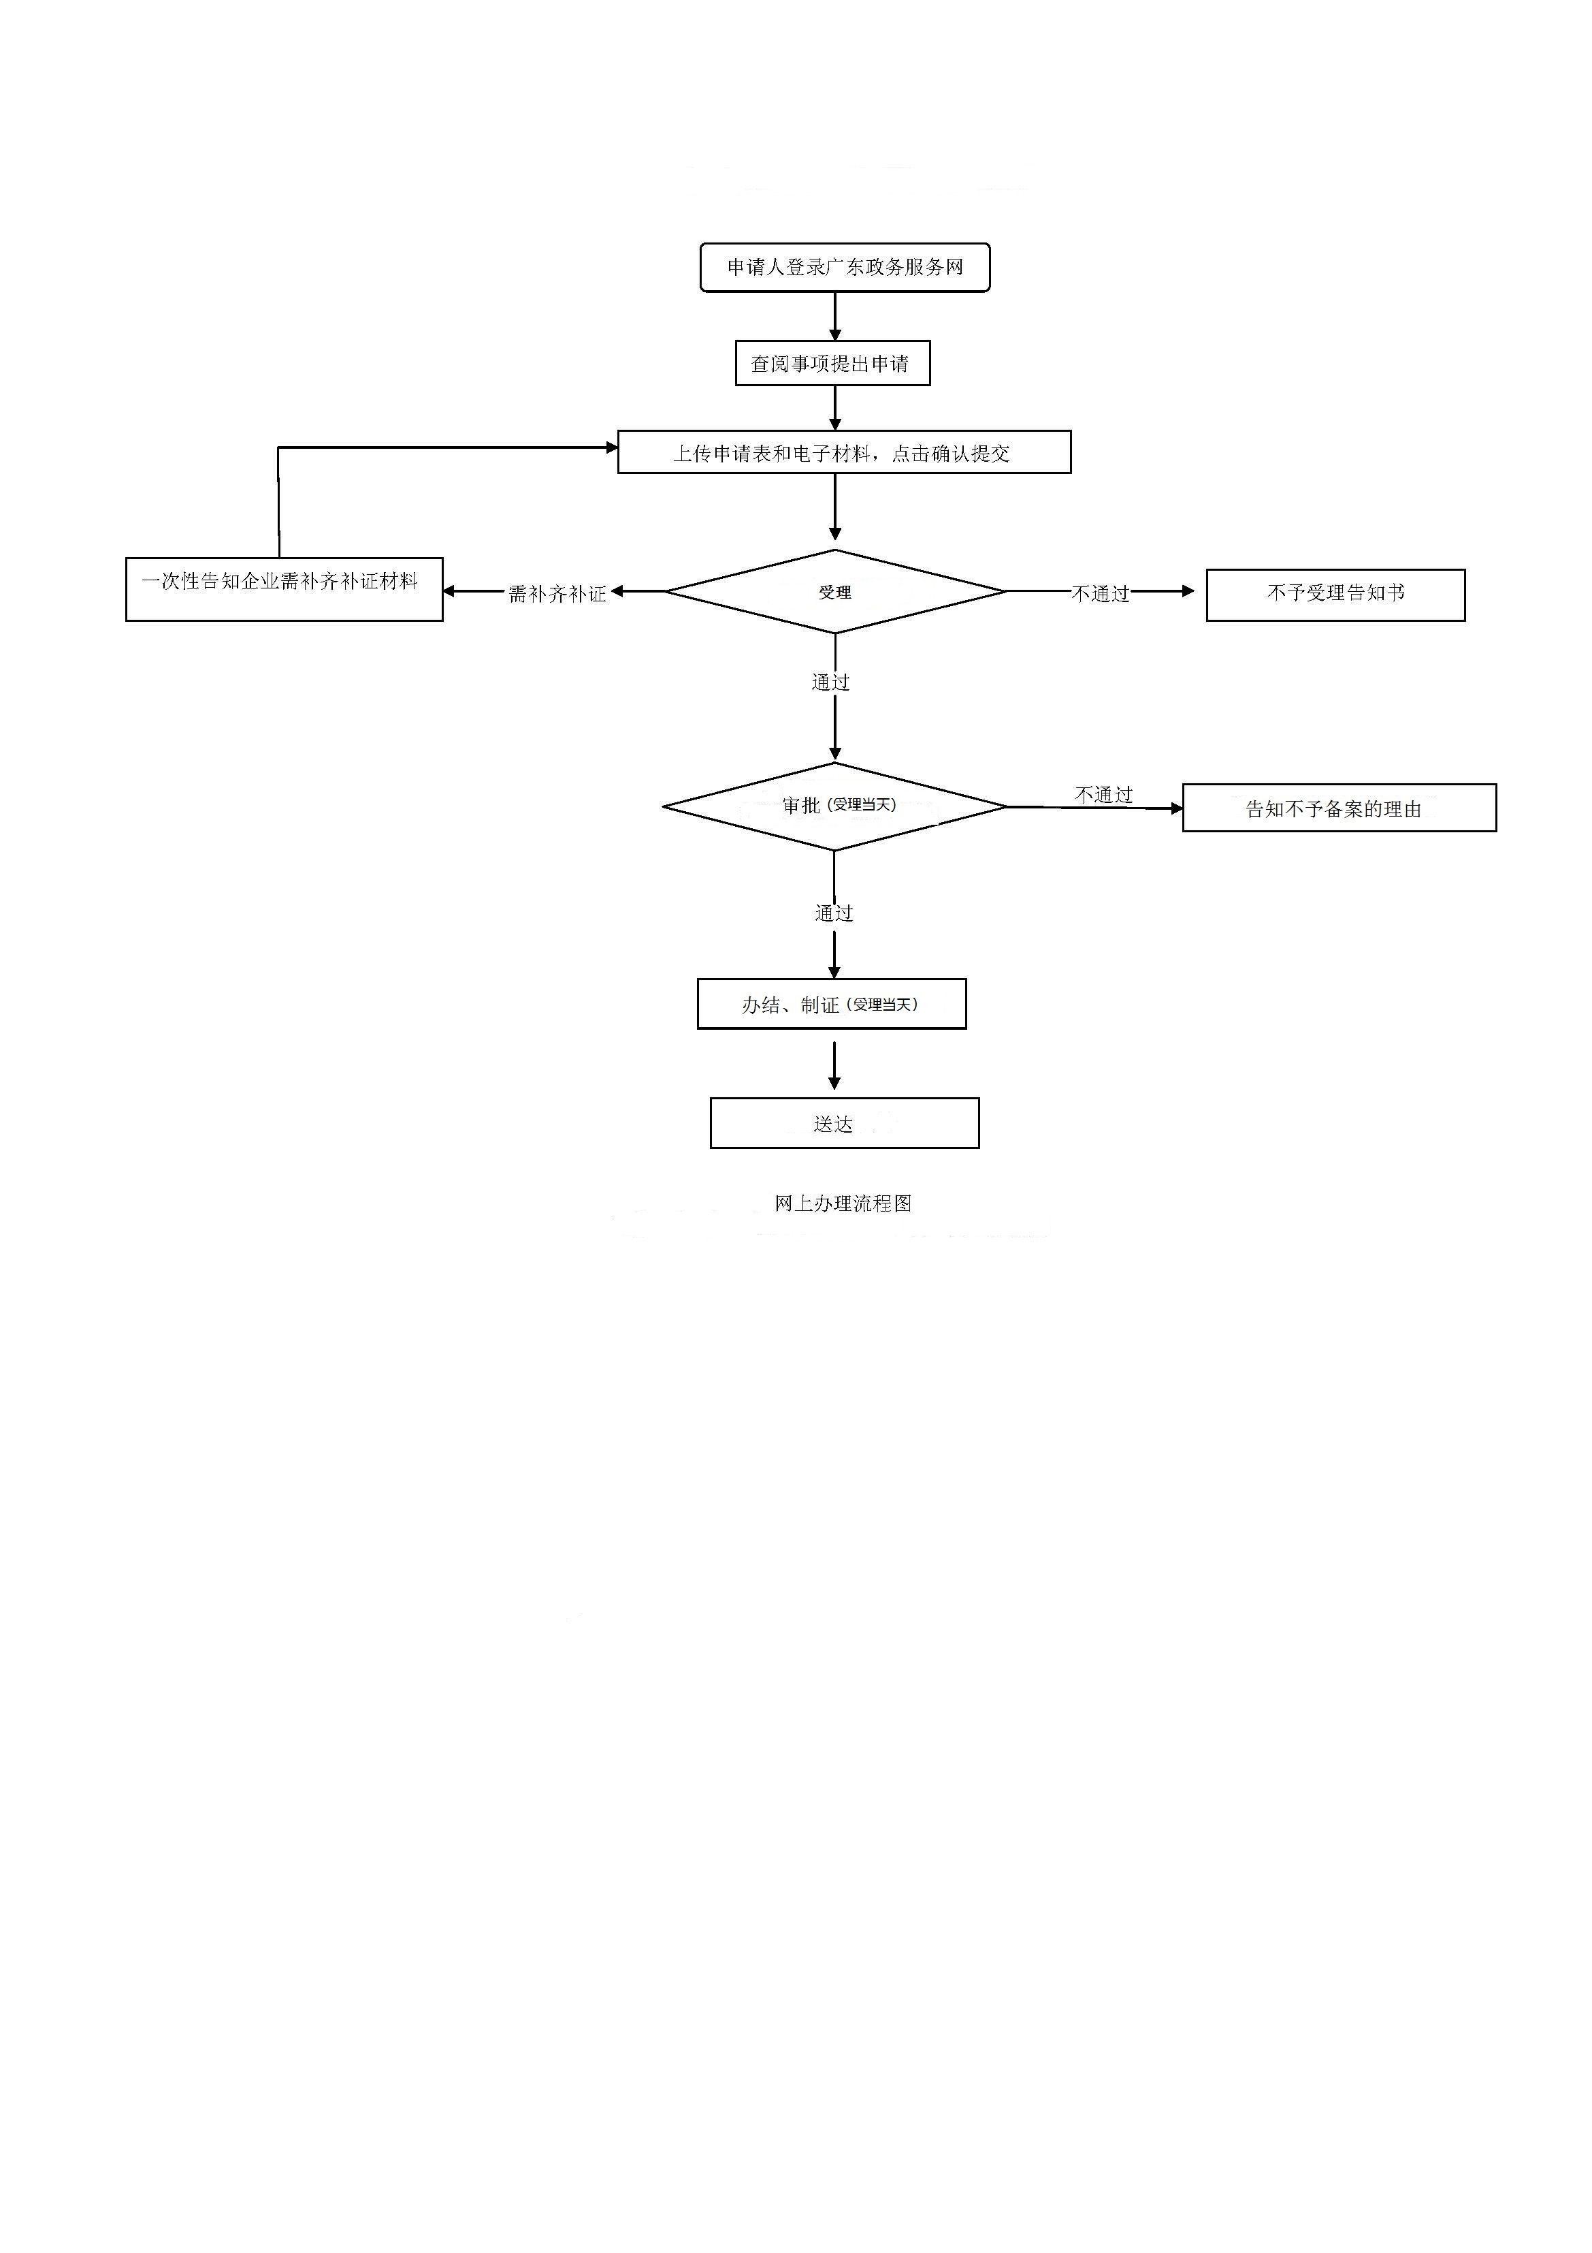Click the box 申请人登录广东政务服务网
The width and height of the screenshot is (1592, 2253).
click(845, 268)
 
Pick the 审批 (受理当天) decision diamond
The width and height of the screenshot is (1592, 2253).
click(834, 806)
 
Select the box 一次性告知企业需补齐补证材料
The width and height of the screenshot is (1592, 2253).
click(285, 588)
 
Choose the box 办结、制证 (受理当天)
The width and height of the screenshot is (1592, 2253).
click(832, 1004)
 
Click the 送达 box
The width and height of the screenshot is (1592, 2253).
click(845, 1124)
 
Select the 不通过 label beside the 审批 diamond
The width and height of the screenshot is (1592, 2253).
click(1105, 795)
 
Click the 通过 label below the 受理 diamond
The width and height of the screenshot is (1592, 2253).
click(831, 682)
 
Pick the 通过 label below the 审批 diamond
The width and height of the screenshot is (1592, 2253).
click(834, 913)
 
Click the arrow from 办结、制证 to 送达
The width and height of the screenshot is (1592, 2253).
click(834, 1066)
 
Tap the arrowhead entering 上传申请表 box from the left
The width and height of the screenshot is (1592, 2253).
click(612, 447)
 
